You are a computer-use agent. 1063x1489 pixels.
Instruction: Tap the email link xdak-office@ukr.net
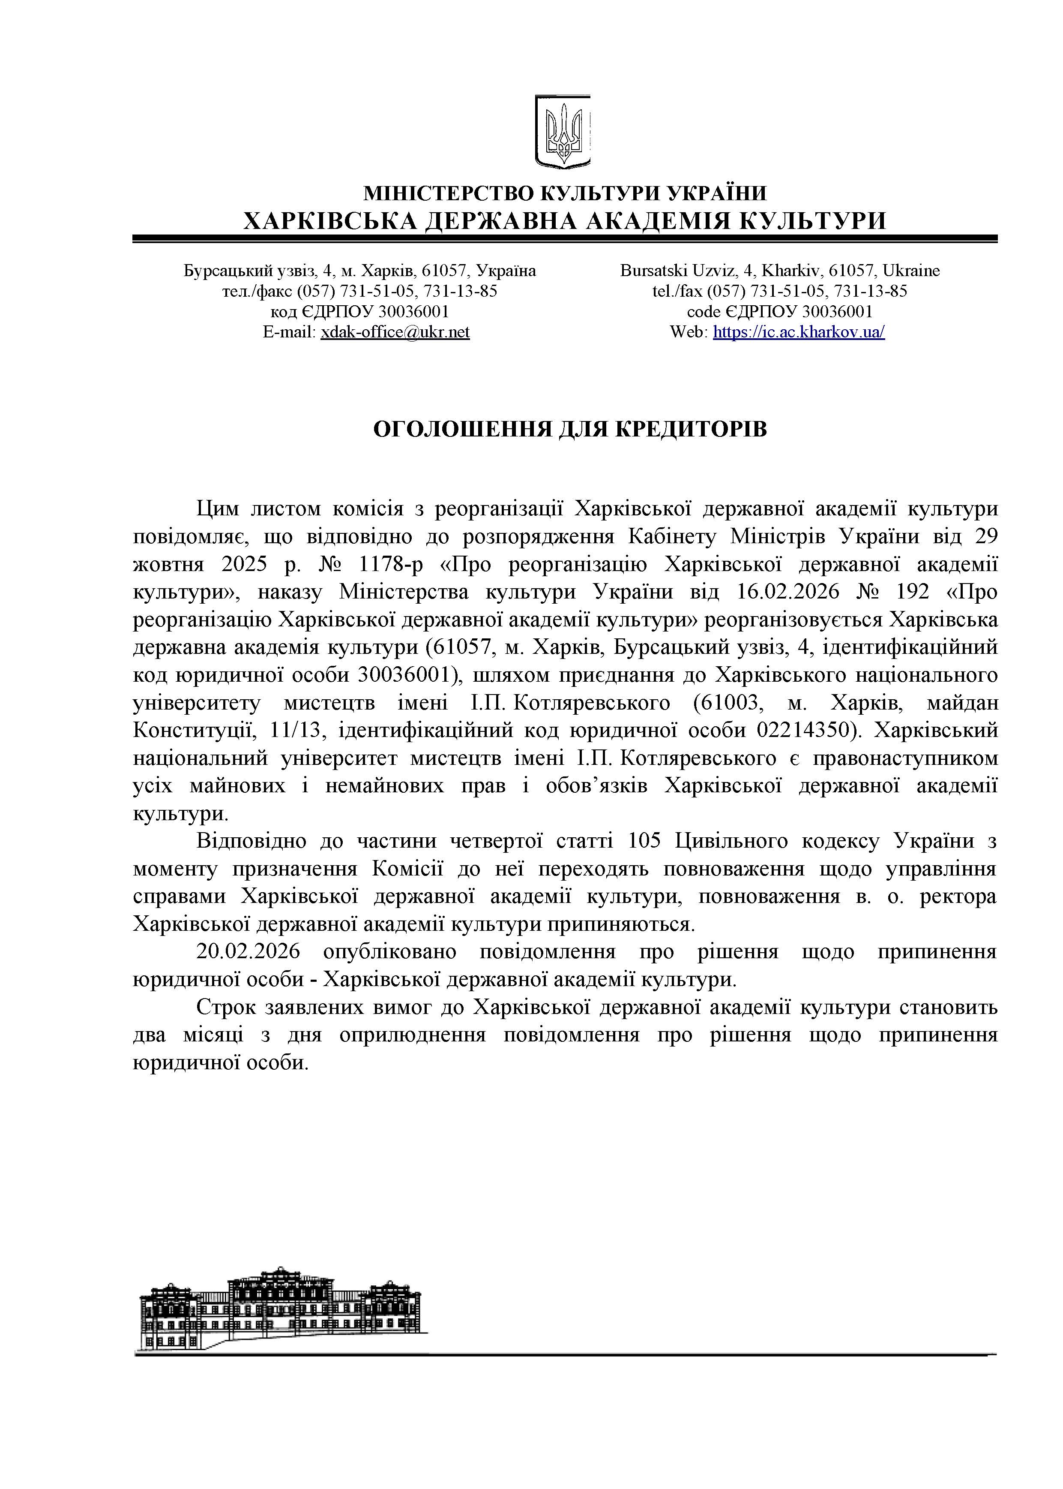coord(395,332)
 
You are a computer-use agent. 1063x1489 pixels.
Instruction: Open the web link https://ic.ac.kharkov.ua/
coord(799,332)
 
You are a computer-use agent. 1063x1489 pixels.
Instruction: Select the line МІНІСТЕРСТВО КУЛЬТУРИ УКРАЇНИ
coord(565,193)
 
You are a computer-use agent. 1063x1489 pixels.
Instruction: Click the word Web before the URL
coord(687,332)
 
